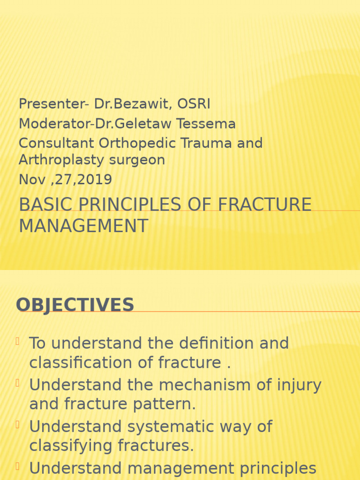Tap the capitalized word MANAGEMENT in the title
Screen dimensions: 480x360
click(x=83, y=225)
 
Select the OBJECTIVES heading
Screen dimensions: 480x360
click(x=75, y=305)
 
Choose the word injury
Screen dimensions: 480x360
click(x=299, y=385)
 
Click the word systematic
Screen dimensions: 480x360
click(x=187, y=427)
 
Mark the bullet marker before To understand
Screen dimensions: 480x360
click(x=18, y=341)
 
